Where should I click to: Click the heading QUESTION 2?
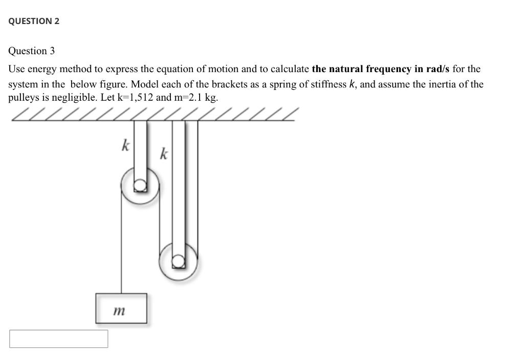coord(34,21)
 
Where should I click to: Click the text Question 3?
coord(31,51)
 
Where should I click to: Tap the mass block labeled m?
coord(121,308)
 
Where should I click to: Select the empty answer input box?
coord(58,339)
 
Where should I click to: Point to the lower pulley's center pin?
coord(178,261)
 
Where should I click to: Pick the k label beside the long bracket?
coord(163,153)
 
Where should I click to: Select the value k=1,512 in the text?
coord(135,97)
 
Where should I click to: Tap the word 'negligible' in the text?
coord(71,97)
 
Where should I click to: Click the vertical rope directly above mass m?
coord(121,245)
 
